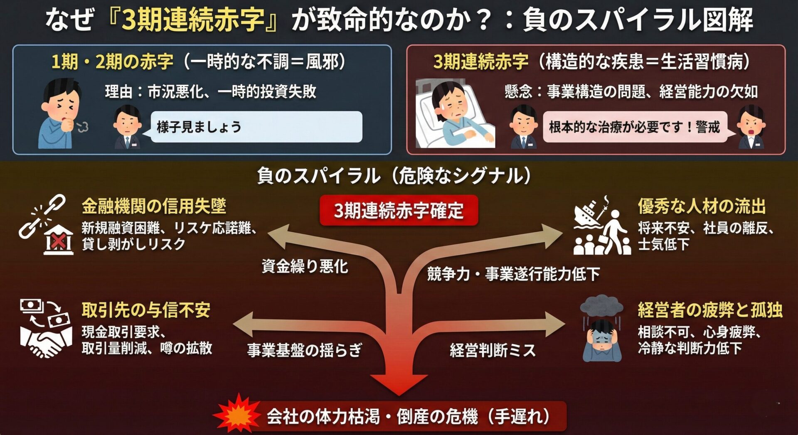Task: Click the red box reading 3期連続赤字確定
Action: click(399, 210)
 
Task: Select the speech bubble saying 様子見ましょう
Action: click(256, 127)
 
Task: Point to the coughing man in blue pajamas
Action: click(61, 114)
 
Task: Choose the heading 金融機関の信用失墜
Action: click(154, 206)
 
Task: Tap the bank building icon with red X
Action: click(59, 240)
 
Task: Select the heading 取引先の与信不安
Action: click(146, 310)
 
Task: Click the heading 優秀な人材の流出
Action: click(702, 206)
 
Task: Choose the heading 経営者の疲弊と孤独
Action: click(710, 310)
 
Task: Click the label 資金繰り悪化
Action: click(305, 266)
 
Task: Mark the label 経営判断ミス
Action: click(493, 350)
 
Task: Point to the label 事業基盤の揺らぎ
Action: click(305, 350)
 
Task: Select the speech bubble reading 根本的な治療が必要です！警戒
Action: click(635, 127)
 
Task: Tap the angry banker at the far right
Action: click(751, 127)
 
